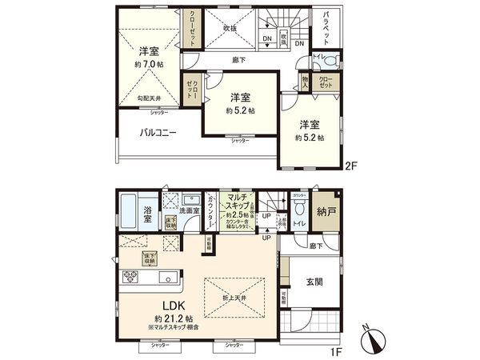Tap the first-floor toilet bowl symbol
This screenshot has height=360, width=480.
300,208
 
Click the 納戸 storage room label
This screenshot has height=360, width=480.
324,213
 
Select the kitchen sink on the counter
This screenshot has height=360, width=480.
167,278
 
